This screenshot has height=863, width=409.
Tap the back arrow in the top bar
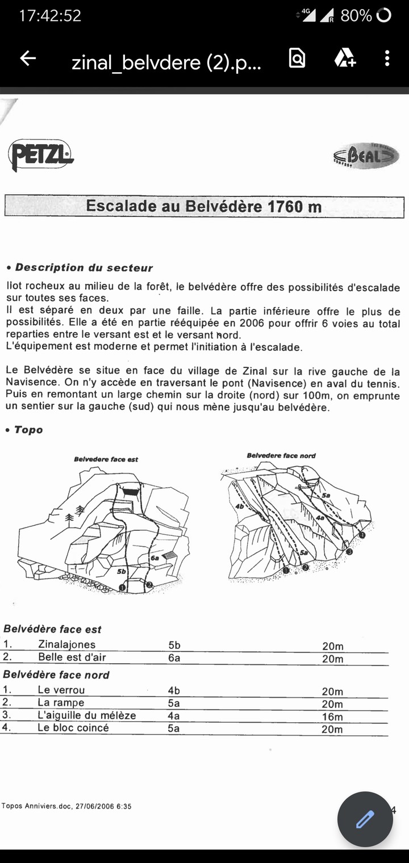coord(28,58)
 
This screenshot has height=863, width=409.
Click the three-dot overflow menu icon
coord(387,58)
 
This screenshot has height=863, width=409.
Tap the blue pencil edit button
coord(365,819)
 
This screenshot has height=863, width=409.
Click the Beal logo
coord(366,156)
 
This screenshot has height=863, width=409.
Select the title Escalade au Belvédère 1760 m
coord(204,206)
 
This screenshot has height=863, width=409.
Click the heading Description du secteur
coord(84,267)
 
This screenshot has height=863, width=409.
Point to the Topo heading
coord(28,430)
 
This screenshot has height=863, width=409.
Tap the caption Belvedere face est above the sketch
coord(106,459)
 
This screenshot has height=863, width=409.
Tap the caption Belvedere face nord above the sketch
coord(281,455)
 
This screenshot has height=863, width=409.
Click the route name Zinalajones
coord(66,644)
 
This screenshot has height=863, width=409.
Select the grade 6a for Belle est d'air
coord(174,658)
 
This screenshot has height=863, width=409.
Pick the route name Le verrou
coord(61,690)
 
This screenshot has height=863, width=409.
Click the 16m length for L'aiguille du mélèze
coord(332,717)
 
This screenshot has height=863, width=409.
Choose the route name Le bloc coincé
coord(73,728)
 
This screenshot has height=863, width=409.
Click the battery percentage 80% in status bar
coord(356,16)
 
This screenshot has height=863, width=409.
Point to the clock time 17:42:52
coord(50,16)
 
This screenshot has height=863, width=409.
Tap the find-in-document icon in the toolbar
coord(297,58)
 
